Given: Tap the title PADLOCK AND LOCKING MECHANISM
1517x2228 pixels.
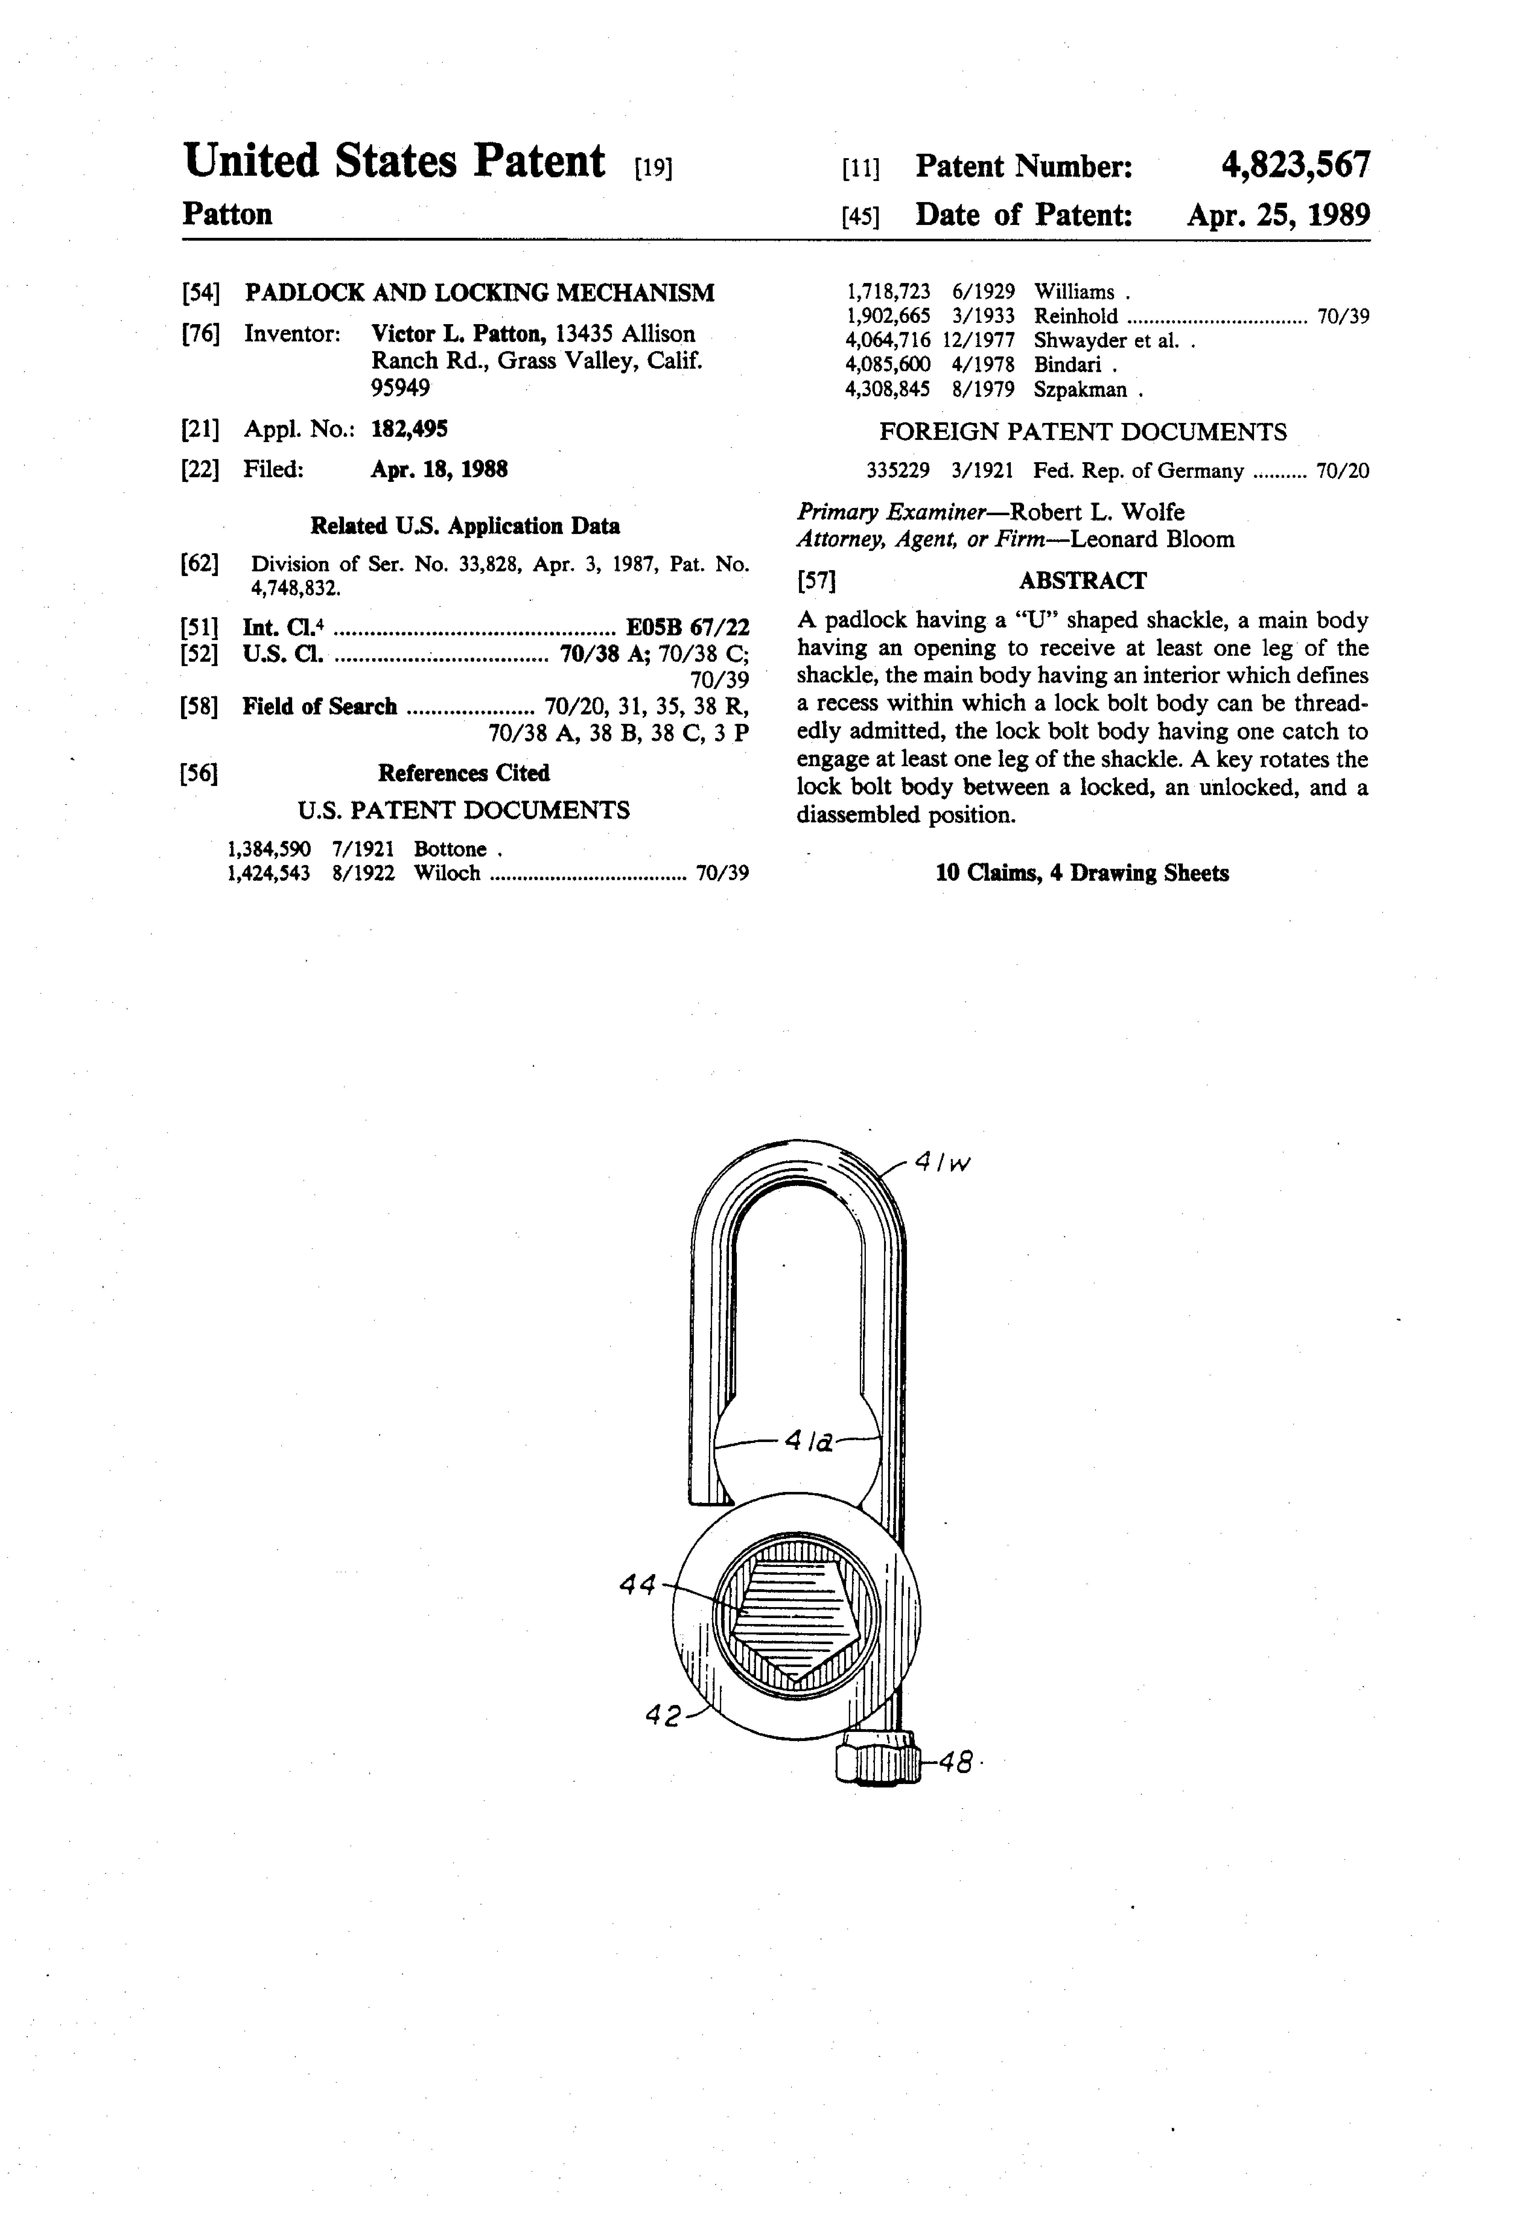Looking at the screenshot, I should (480, 292).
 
